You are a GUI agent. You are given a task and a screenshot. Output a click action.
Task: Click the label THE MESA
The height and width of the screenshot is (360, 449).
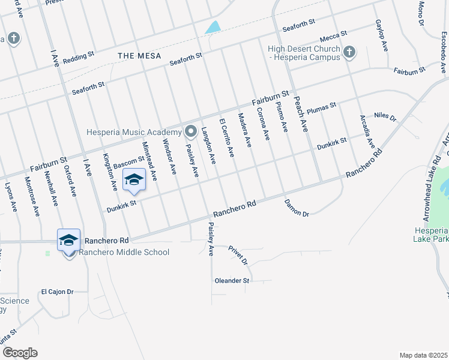139,56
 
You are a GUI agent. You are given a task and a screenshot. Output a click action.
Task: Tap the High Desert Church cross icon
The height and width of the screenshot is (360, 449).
349,53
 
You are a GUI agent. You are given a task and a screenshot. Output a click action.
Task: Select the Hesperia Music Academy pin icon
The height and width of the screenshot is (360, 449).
191,131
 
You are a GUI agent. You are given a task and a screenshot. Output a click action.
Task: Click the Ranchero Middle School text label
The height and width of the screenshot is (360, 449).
124,253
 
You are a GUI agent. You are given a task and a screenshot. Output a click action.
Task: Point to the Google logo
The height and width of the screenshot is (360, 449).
20,353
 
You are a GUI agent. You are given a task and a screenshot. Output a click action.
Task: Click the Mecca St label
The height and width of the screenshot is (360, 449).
334,36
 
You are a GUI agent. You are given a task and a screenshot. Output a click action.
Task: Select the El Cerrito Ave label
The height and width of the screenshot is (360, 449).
226,136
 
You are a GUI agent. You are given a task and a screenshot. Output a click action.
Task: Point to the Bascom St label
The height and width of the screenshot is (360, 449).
129,162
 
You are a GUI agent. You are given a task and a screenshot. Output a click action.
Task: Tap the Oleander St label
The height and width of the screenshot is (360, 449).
232,281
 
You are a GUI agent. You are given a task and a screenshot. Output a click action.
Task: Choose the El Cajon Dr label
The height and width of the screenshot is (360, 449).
56,292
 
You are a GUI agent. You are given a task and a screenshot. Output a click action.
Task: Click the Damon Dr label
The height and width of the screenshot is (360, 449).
296,208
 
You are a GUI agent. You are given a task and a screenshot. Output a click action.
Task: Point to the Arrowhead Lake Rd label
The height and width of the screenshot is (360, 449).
436,183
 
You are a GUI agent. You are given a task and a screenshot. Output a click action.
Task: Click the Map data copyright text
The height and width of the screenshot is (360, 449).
424,355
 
